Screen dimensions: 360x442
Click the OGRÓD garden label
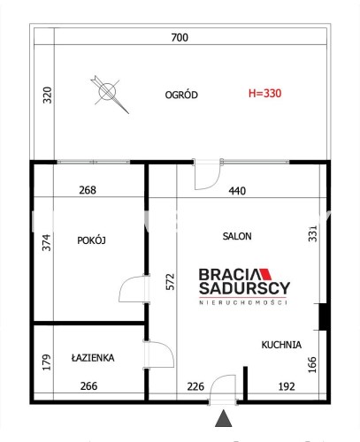coord(181,95)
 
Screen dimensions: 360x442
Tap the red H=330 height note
coord(264,94)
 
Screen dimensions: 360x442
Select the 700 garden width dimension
coord(180,37)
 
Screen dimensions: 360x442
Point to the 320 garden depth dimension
coord(47,95)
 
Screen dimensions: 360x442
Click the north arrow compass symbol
coord(109,94)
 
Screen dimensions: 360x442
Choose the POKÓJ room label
coord(91,240)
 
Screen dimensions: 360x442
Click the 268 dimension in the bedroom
coord(88,190)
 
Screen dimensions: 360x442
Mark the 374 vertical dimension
coord(47,242)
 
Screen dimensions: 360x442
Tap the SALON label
coord(237,236)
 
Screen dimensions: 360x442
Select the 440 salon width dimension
coord(237,191)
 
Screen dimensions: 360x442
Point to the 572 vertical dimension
coord(170,282)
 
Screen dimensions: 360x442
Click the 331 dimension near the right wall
coord(312,233)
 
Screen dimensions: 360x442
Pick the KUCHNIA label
coord(281,345)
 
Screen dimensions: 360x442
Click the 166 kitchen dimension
coord(312,365)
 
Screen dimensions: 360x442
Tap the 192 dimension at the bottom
coord(287,386)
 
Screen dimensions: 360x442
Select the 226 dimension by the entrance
coord(195,386)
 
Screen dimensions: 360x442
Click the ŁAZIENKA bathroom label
coord(93,358)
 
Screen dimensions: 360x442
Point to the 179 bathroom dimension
coord(47,362)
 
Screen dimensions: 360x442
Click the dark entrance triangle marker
coord(224,418)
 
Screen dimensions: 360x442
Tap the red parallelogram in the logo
coord(265,274)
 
